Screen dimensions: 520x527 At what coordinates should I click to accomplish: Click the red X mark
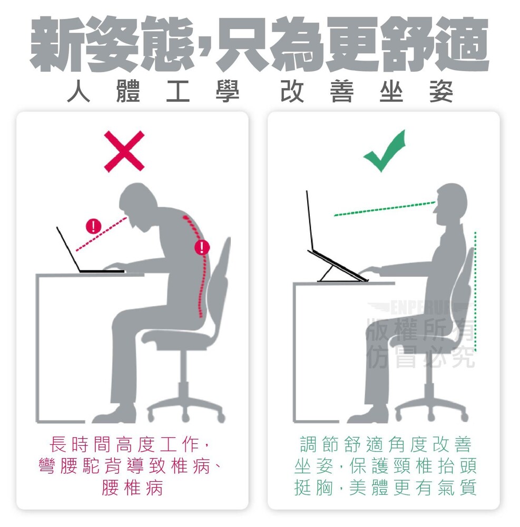click(124, 151)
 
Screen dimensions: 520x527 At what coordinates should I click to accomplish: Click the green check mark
click(385, 151)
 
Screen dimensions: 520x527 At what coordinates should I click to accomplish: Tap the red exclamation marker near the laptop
click(94, 226)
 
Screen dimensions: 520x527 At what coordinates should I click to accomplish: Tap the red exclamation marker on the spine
click(202, 247)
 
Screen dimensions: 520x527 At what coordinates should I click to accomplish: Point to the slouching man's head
click(138, 206)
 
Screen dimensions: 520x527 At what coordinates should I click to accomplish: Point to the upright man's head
click(450, 205)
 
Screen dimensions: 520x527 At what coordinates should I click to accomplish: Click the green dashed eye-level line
click(385, 209)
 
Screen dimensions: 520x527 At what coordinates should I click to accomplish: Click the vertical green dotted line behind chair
click(475, 291)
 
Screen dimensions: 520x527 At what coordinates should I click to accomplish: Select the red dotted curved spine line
click(199, 266)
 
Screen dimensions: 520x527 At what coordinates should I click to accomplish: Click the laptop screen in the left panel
click(68, 249)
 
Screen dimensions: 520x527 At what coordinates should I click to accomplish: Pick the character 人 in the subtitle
click(79, 91)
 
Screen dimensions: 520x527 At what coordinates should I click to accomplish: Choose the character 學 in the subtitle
click(228, 91)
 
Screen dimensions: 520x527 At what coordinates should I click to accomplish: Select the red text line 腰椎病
click(132, 487)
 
